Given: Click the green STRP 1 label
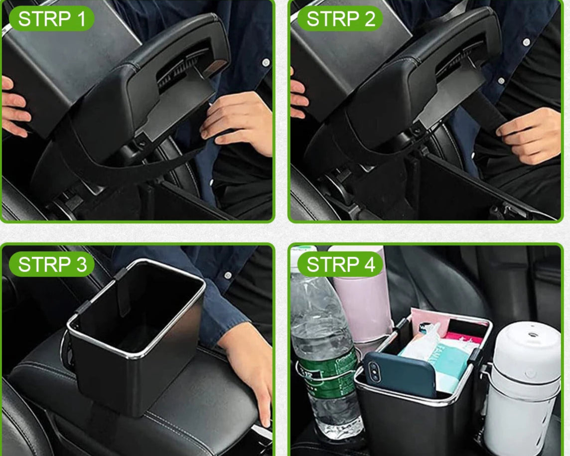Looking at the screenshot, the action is [x=52, y=18].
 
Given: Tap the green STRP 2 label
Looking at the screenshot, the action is [x=340, y=18].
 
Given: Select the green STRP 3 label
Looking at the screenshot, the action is [x=52, y=264].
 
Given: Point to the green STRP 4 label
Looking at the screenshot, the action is [x=340, y=264].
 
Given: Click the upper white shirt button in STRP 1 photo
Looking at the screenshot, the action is [x=266, y=63].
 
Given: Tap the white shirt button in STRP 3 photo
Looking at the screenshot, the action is [x=228, y=275].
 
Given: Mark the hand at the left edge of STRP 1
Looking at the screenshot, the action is [x=14, y=107].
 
